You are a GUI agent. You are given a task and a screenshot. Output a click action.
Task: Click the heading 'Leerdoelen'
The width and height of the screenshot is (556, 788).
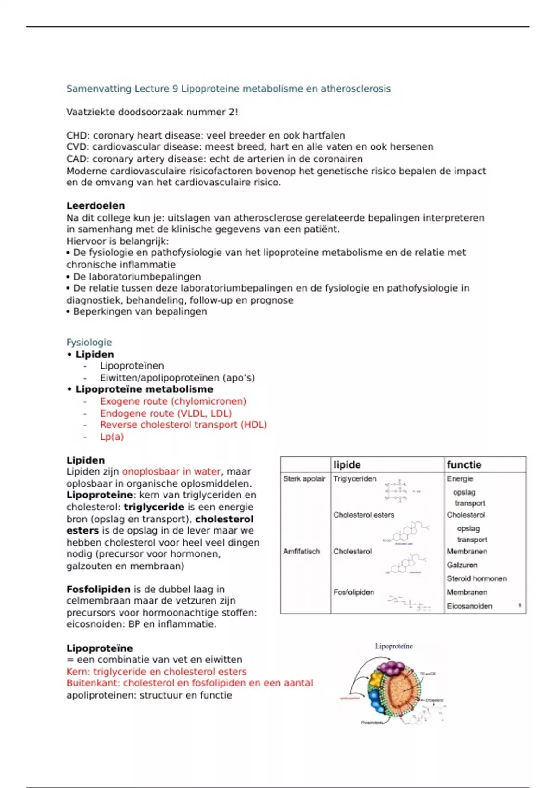pyautogui.click(x=95, y=205)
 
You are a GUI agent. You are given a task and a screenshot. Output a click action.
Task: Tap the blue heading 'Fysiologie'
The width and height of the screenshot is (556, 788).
pyautogui.click(x=89, y=342)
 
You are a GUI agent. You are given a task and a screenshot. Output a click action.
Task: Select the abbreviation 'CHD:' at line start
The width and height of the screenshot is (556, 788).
pyautogui.click(x=78, y=135)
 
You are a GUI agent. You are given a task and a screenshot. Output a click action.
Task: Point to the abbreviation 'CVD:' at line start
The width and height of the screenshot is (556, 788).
pyautogui.click(x=78, y=147)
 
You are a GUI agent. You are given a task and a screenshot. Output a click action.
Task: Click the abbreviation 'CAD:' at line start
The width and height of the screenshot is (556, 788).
pyautogui.click(x=78, y=159)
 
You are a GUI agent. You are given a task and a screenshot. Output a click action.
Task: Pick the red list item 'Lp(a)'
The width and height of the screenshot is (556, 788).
pyautogui.click(x=112, y=437)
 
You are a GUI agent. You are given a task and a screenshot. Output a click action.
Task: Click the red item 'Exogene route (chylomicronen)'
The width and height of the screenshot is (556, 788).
pyautogui.click(x=173, y=401)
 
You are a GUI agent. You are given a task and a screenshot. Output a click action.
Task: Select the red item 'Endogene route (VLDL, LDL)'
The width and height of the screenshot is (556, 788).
pyautogui.click(x=165, y=413)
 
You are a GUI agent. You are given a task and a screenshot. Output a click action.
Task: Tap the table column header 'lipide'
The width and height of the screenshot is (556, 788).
pyautogui.click(x=347, y=464)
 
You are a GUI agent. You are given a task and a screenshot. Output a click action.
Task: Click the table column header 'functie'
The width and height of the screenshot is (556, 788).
pyautogui.click(x=464, y=464)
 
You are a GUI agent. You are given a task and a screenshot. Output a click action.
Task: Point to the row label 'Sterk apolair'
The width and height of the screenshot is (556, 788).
pyautogui.click(x=304, y=479)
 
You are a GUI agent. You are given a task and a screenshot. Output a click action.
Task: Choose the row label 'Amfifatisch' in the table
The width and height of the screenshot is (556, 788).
pyautogui.click(x=302, y=552)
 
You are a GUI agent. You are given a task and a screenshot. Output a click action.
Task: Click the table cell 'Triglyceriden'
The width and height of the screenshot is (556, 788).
pyautogui.click(x=355, y=479)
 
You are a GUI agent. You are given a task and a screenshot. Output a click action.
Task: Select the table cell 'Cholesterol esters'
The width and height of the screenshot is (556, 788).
pyautogui.click(x=364, y=515)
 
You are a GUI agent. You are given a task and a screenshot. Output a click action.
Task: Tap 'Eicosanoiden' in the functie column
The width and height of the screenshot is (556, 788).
pyautogui.click(x=469, y=606)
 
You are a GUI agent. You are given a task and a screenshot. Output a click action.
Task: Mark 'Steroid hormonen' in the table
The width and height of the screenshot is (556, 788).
pyautogui.click(x=477, y=578)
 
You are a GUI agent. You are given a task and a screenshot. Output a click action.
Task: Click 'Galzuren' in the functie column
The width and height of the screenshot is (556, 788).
pyautogui.click(x=462, y=565)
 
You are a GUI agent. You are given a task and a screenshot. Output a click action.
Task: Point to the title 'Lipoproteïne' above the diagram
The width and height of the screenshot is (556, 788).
pyautogui.click(x=394, y=646)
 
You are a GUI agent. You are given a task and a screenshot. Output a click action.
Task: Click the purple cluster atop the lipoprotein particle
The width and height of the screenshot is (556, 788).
pyautogui.click(x=390, y=668)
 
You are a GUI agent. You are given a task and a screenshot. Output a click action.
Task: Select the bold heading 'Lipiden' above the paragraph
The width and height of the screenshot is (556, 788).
pyautogui.click(x=86, y=460)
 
